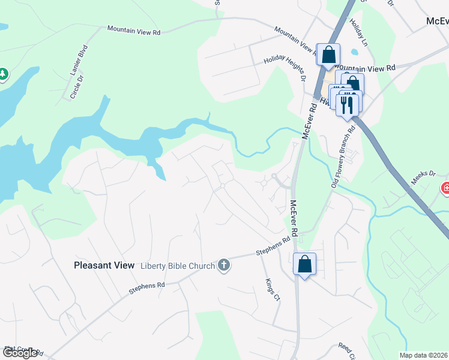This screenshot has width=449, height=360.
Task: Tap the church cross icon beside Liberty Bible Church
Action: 224,265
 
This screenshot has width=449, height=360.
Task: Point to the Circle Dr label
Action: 76,89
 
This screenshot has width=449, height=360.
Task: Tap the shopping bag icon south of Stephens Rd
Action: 304,263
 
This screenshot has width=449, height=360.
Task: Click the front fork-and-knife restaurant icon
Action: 348,104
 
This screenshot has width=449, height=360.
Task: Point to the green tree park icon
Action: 2,74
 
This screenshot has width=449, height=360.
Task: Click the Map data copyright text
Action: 424,355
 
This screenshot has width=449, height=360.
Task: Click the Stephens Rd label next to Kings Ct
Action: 273,245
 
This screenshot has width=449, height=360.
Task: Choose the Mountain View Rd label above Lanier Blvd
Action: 133,29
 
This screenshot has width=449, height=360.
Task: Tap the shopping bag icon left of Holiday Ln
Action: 328,55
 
